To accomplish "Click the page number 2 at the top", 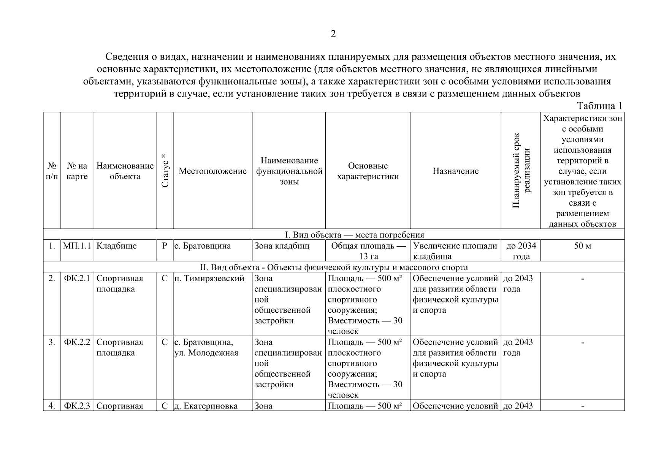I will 333,34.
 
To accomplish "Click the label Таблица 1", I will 599,106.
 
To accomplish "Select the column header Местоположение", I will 212,171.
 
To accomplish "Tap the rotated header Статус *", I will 164,171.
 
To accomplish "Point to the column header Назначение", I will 455,171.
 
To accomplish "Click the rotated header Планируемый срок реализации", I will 521,171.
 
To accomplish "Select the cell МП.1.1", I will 77,246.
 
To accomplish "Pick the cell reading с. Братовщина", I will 203,246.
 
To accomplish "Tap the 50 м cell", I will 582,246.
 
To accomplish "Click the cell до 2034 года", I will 521,251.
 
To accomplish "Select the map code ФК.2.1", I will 77,278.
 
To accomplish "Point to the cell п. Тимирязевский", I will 209,278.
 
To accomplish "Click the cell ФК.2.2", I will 77,342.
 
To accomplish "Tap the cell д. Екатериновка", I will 206,406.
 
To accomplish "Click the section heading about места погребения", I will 333,234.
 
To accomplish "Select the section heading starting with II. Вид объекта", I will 333,267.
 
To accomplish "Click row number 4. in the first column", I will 52,406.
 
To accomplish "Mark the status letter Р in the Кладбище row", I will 165,246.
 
